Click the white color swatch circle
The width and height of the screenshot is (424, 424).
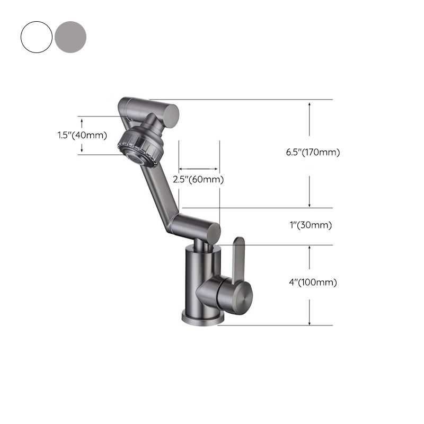pos(37,36)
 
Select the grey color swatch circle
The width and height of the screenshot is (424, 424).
pos(70,36)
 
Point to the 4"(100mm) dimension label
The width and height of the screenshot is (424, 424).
pos(313,282)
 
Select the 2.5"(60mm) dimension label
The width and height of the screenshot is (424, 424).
pos(199,180)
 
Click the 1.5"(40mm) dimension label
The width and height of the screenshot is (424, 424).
pos(82,135)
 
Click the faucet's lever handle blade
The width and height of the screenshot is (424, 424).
pos(237,260)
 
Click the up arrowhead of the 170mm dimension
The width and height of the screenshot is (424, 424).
pos(310,104)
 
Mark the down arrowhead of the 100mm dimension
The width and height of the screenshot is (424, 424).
pos(310,321)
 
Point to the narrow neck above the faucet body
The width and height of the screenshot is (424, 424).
pos(199,243)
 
